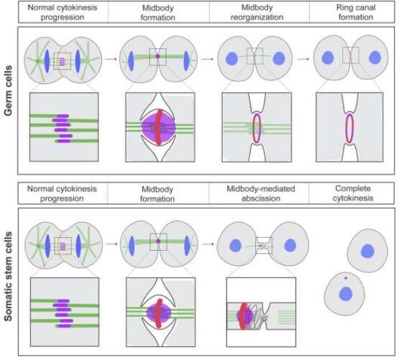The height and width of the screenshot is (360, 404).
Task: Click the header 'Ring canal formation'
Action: pyautogui.click(x=356, y=12)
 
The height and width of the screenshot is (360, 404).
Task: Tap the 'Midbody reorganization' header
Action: pyautogui.click(x=257, y=12)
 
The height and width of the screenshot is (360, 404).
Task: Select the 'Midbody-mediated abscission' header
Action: pyautogui.click(x=261, y=193)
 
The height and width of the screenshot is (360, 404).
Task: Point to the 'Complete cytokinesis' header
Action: pyautogui.click(x=353, y=193)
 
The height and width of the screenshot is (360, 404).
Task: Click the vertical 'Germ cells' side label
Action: pyautogui.click(x=8, y=91)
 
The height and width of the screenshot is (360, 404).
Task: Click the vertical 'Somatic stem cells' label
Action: pyautogui.click(x=8, y=277)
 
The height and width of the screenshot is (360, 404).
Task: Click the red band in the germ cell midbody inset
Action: pyautogui.click(x=160, y=127)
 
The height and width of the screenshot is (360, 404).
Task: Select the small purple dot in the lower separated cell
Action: pyautogui.click(x=346, y=278)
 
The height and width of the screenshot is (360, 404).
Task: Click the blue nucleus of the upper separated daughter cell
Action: pyautogui.click(x=367, y=251)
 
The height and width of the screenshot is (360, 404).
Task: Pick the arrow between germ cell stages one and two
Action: pyautogui.click(x=111, y=59)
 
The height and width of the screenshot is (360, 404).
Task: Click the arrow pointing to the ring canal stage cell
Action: pyautogui.click(x=303, y=59)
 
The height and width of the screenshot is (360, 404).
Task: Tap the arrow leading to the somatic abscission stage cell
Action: pyautogui.click(x=208, y=244)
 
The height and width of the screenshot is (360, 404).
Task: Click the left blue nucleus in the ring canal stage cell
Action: pyautogui.click(x=328, y=57)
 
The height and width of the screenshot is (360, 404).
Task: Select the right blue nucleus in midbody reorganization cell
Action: pyautogui.click(x=279, y=58)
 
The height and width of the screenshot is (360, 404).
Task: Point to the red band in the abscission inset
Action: pyautogui.click(x=243, y=316)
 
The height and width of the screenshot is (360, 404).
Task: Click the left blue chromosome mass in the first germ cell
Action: pyautogui.click(x=47, y=61)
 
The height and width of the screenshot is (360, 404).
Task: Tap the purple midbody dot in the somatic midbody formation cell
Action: pyautogui.click(x=158, y=241)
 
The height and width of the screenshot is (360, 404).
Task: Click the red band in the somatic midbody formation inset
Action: pyautogui.click(x=160, y=313)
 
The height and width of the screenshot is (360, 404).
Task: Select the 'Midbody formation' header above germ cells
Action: pyautogui.click(x=157, y=13)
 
